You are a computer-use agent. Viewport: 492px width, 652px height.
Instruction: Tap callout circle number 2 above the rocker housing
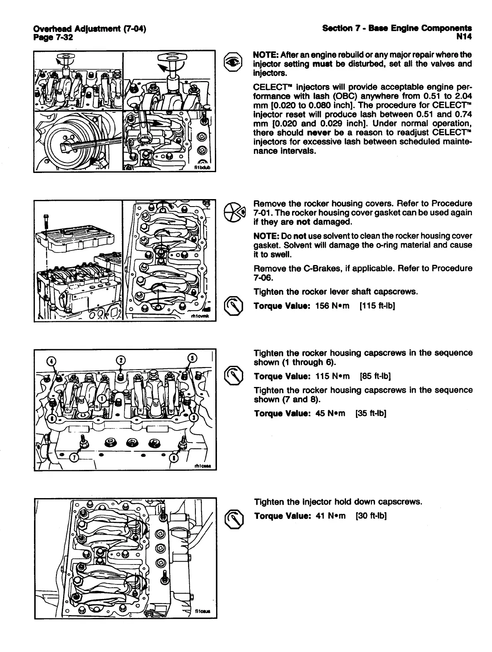(x=120, y=360)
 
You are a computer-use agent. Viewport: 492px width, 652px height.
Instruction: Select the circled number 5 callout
(x=192, y=358)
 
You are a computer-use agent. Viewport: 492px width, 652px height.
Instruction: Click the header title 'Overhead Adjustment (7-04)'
(x=90, y=28)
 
